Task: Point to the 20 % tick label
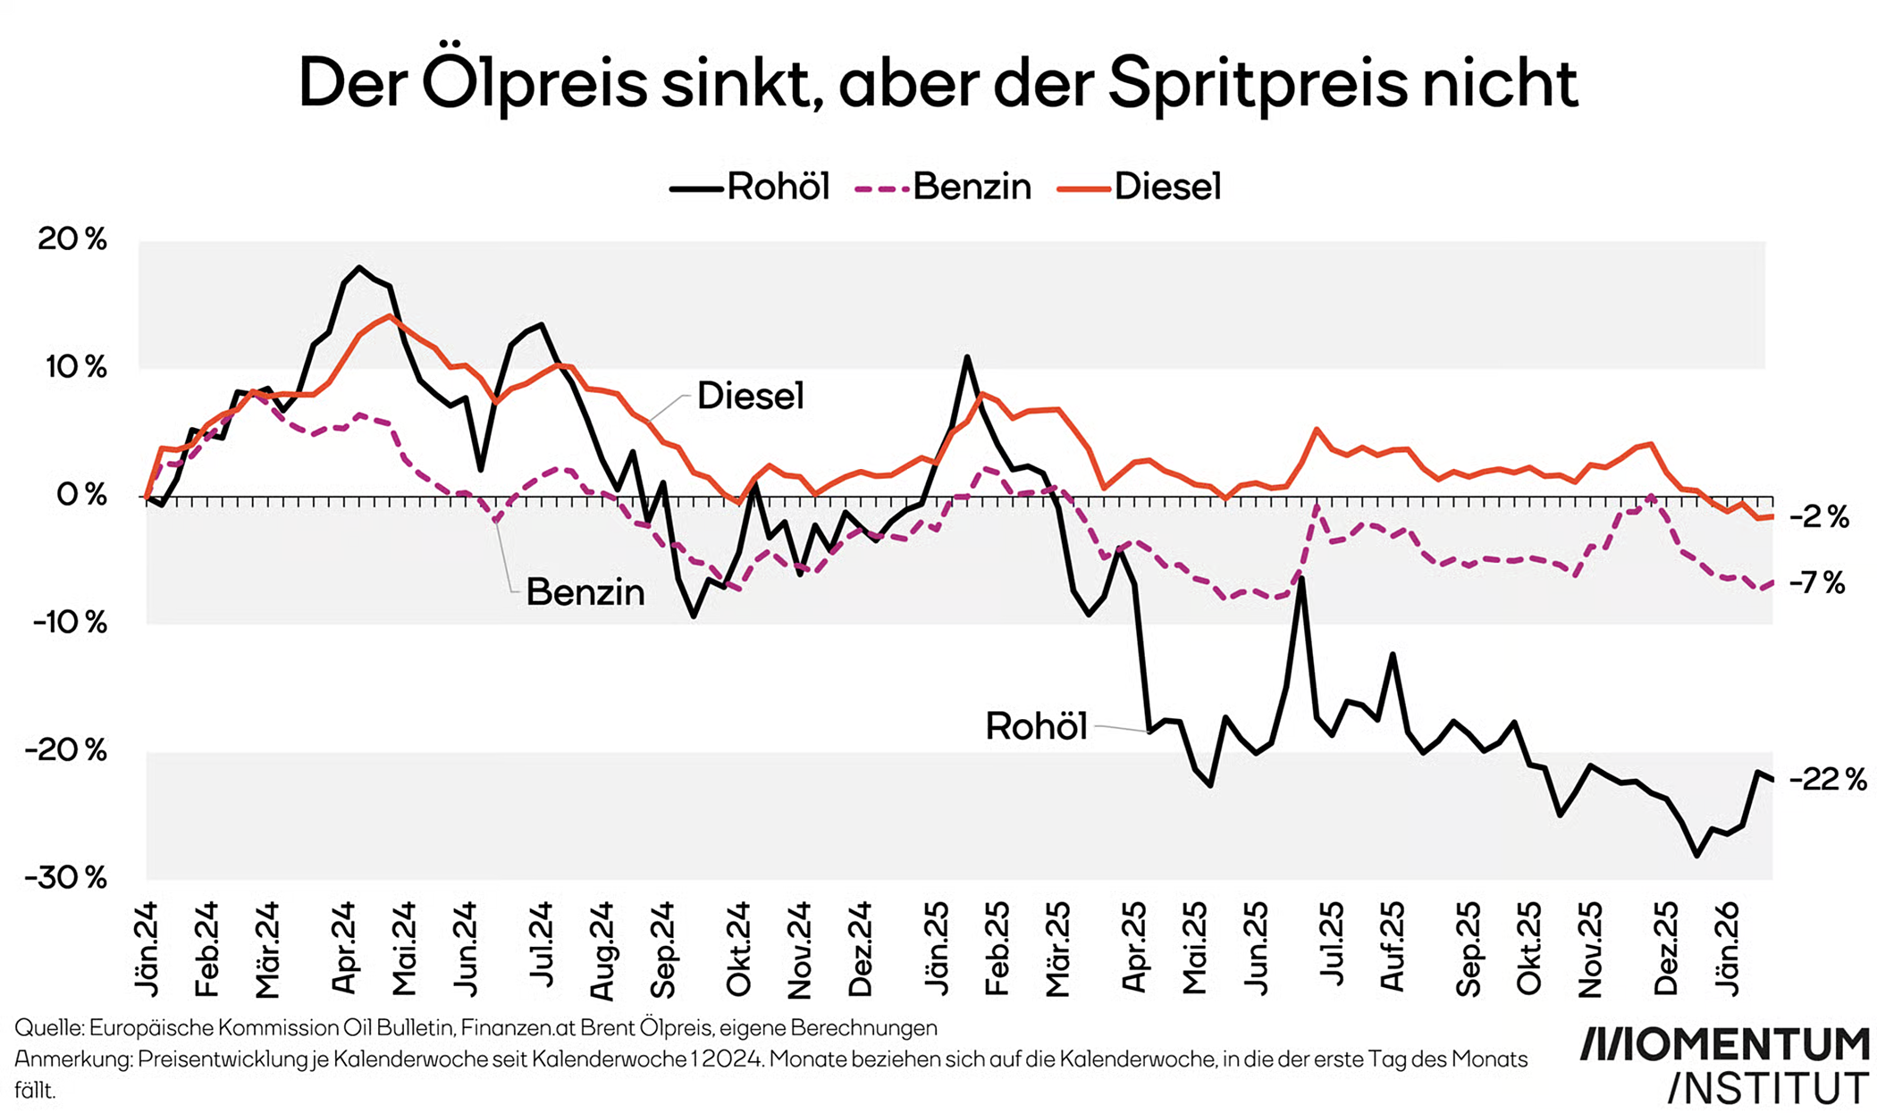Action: point(72,239)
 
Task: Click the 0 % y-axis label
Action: point(81,495)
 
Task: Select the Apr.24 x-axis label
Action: point(345,948)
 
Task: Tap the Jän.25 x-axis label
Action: point(937,948)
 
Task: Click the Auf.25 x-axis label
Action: point(1393,948)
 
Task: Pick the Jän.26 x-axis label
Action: point(1727,948)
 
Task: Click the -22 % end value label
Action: point(1828,780)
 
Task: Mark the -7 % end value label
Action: point(1817,583)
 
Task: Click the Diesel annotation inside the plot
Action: point(750,396)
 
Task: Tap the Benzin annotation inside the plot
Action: point(585,592)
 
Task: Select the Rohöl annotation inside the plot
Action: point(1036,726)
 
